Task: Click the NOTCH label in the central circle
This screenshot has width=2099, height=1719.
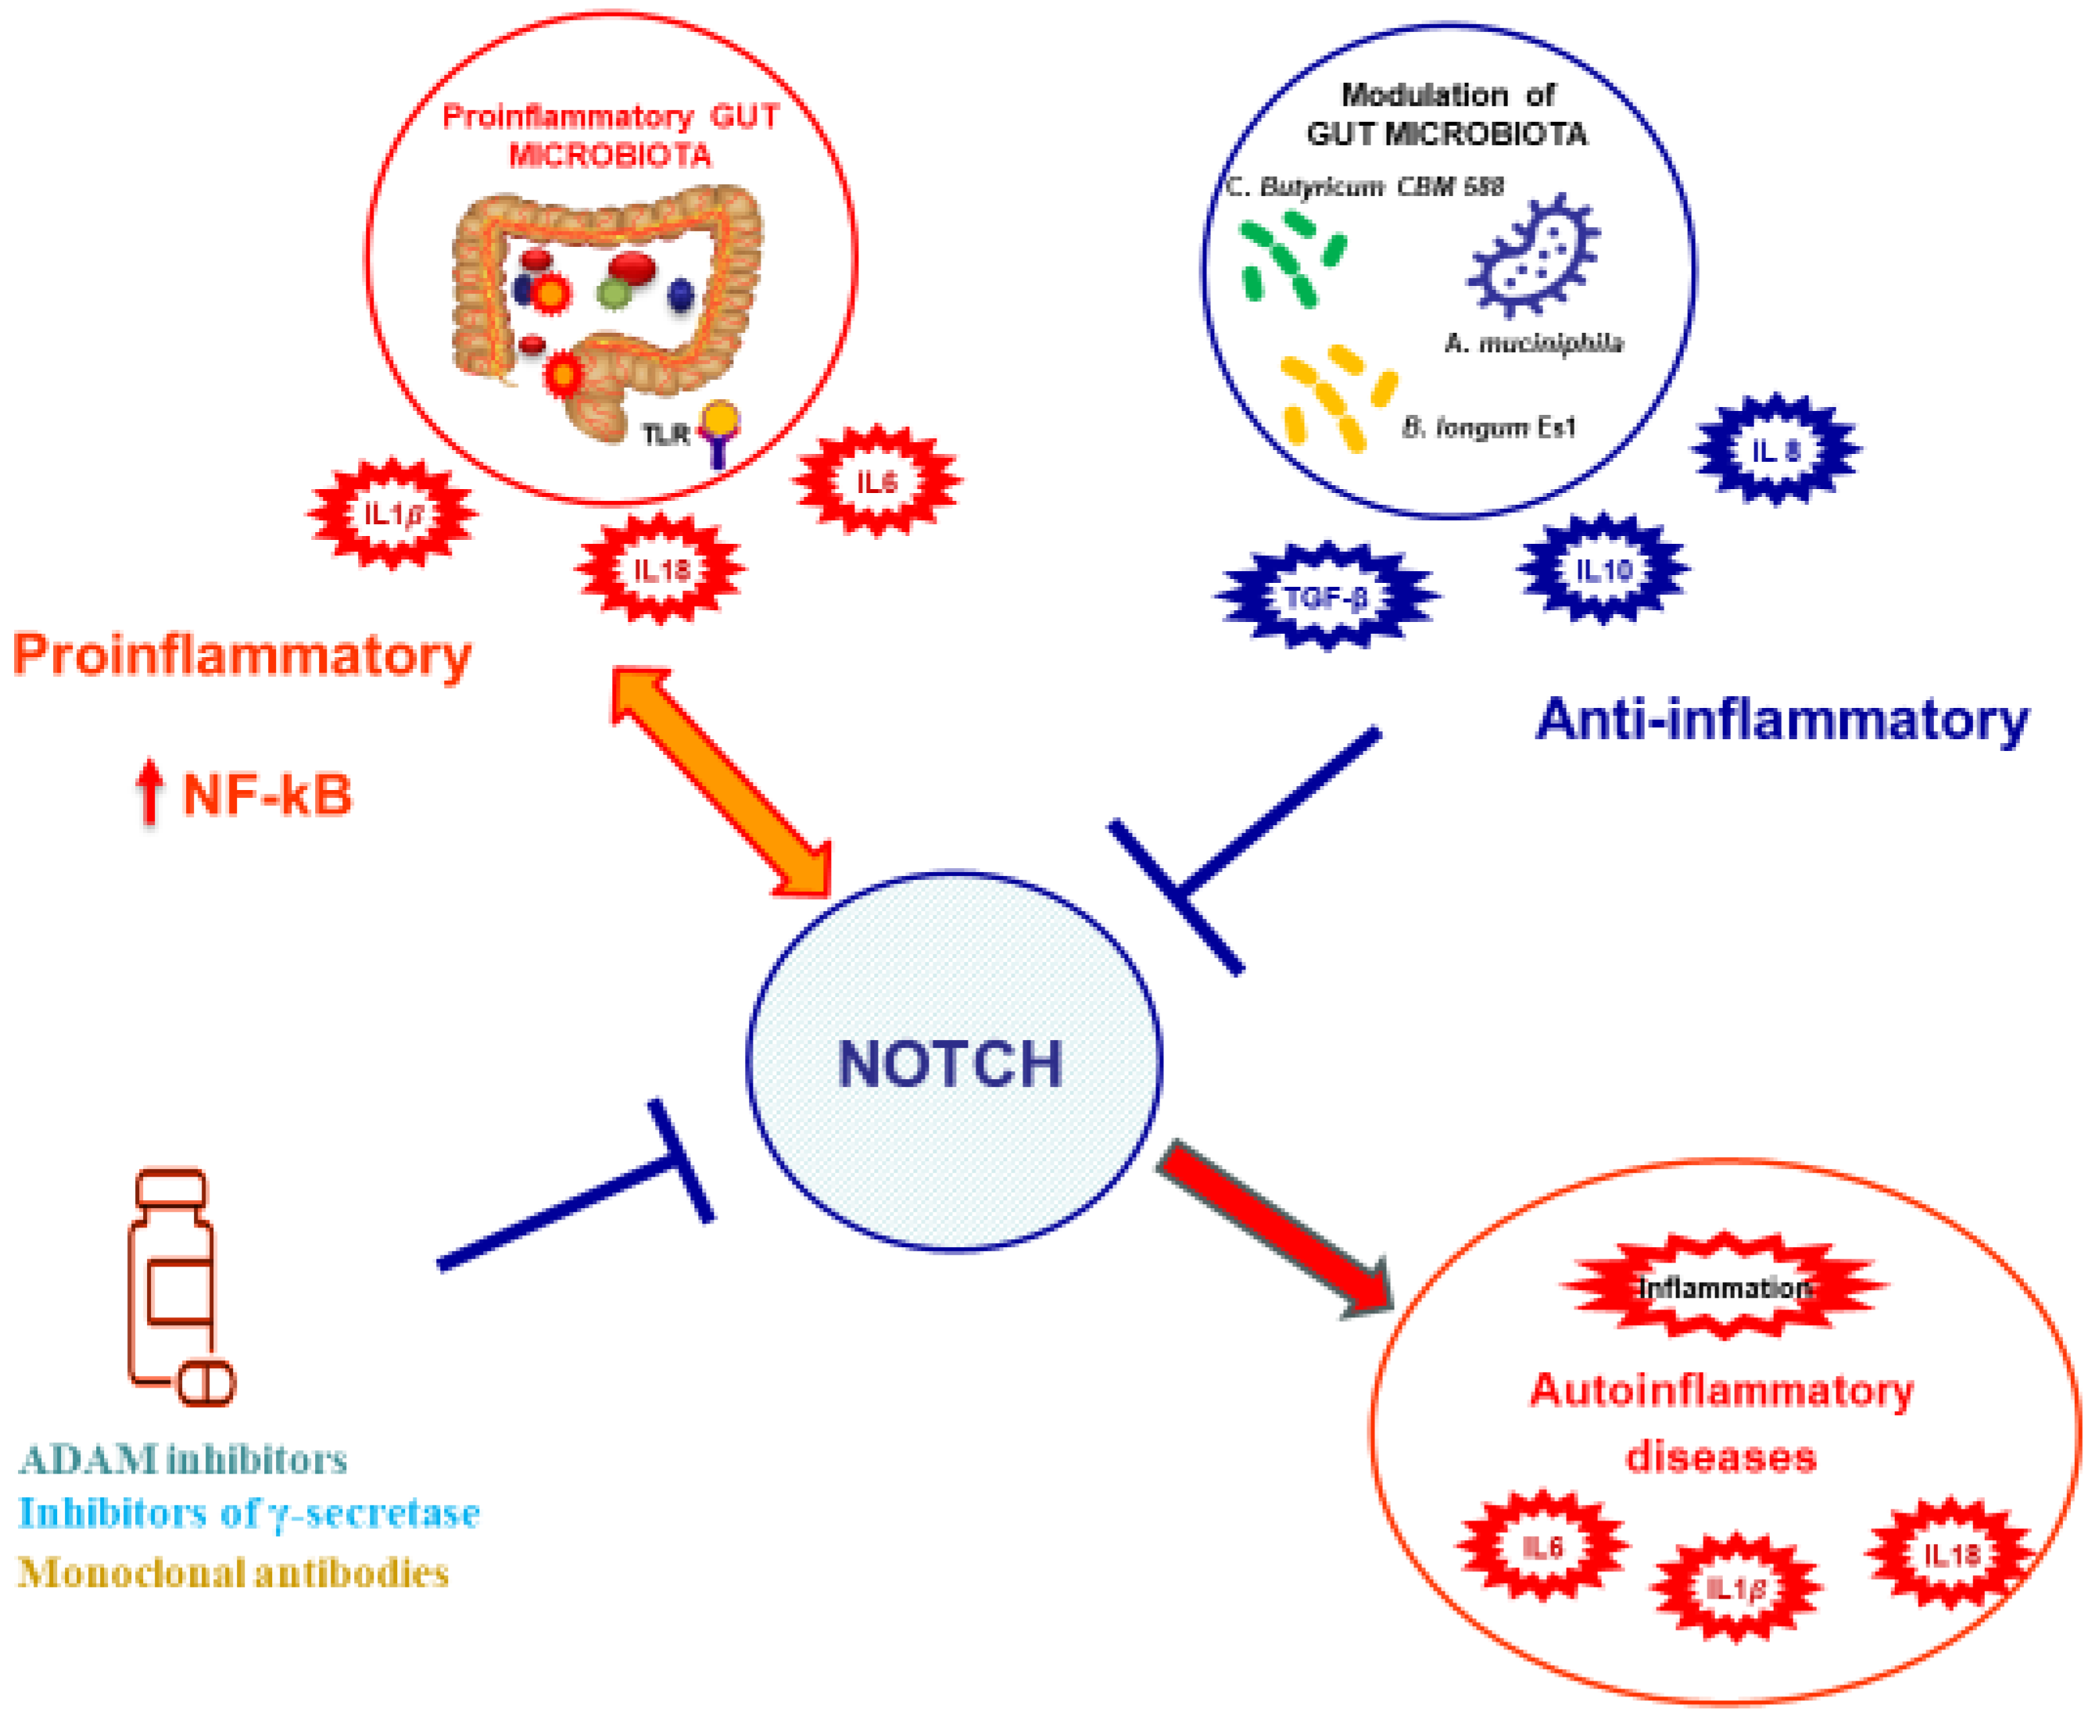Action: point(950,1063)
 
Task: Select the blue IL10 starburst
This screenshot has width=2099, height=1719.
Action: point(1603,570)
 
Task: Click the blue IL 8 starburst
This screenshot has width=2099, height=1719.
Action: point(1775,451)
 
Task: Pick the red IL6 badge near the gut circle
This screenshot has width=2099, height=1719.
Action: point(876,482)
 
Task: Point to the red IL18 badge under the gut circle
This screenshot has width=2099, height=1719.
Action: point(661,570)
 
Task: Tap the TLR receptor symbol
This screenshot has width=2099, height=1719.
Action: point(718,431)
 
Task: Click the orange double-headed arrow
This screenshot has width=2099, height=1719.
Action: point(720,781)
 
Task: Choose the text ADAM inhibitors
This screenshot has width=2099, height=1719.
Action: point(183,1460)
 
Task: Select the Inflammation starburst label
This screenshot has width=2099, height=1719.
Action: point(1724,1287)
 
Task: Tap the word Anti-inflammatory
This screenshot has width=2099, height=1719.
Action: point(1781,720)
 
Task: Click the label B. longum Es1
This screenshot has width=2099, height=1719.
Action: point(1488,427)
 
